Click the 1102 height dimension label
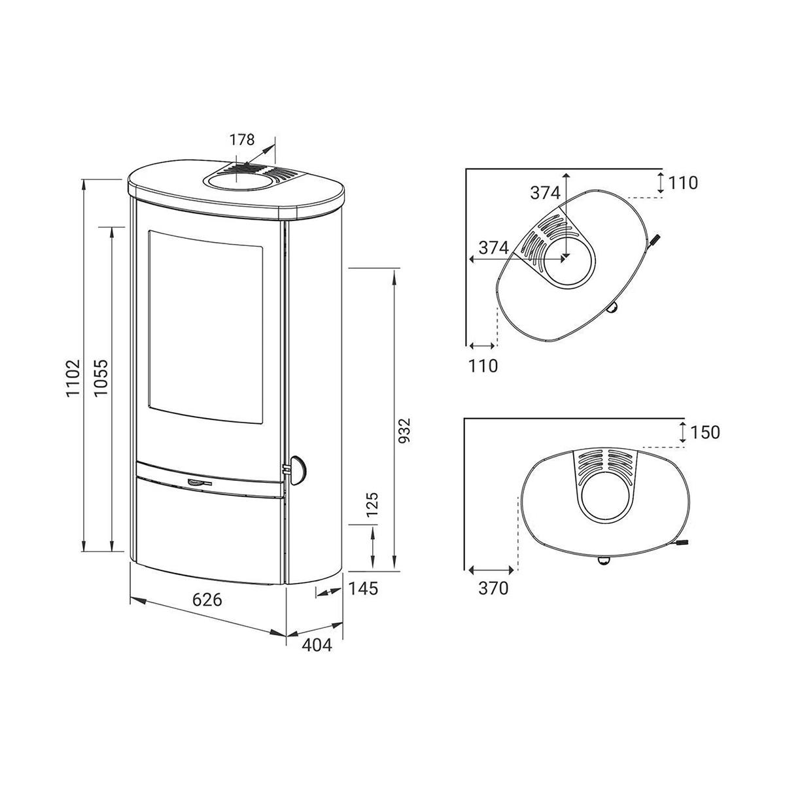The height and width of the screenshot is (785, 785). pos(74,378)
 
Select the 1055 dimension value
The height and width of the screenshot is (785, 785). pos(101,377)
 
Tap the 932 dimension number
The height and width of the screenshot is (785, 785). pos(405,430)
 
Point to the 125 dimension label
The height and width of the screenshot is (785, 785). pos(372,504)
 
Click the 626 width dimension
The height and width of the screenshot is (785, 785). pos(207,600)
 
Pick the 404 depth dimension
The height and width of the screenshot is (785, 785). pos(317,644)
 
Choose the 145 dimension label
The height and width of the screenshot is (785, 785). pos(363,588)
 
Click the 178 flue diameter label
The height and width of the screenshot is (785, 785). pos(242,140)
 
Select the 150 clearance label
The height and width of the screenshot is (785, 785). pos(705,432)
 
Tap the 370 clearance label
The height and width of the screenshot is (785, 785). pos(493,588)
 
